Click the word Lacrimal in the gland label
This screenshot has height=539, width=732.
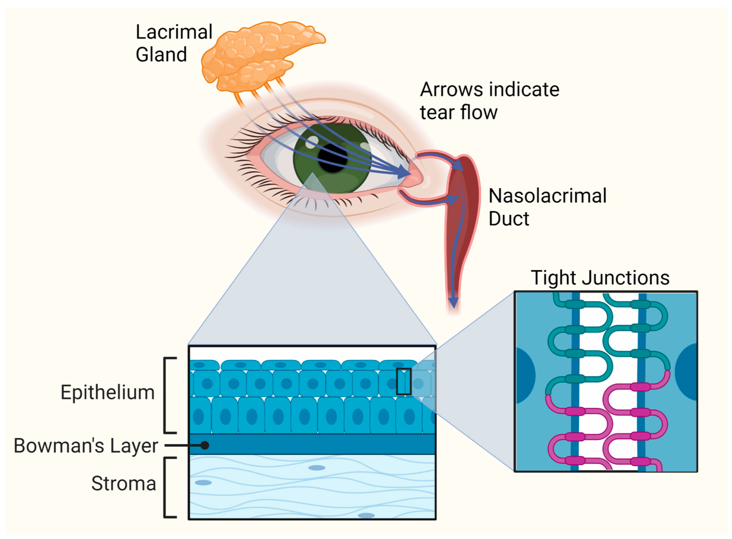pos(174,32)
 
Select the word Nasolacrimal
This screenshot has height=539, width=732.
pos(547,196)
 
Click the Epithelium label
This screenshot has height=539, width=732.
pos(108,392)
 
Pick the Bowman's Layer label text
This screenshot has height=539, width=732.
pos(86,445)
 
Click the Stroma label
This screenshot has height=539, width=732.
pos(123,483)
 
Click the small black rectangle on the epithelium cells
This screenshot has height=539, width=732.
pos(404,381)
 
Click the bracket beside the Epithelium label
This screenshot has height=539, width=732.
pos(167,395)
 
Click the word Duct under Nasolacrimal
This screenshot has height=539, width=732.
pos(509,218)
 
